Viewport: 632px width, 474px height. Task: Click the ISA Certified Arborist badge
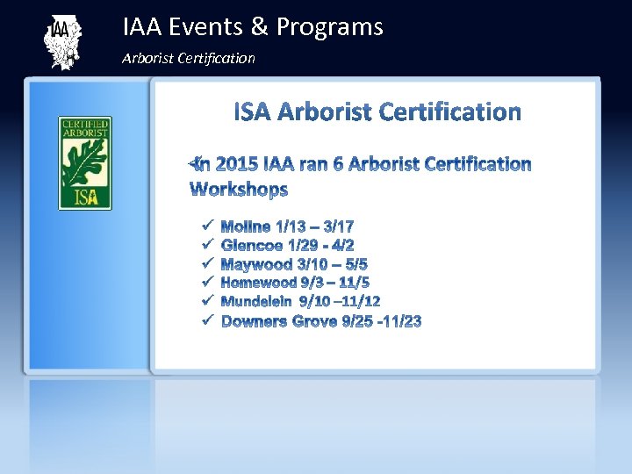point(85,163)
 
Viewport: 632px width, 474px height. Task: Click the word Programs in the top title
point(329,27)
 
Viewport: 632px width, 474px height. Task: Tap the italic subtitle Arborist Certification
point(189,58)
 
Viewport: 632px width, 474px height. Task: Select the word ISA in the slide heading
point(252,112)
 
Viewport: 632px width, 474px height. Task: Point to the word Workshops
point(239,190)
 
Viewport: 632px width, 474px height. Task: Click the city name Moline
point(246,226)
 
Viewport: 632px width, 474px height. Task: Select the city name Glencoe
point(250,245)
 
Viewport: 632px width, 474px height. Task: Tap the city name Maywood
point(255,264)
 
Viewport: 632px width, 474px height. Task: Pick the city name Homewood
point(259,283)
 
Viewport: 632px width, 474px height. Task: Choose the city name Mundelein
point(258,302)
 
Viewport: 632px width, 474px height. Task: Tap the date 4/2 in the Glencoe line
point(343,245)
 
